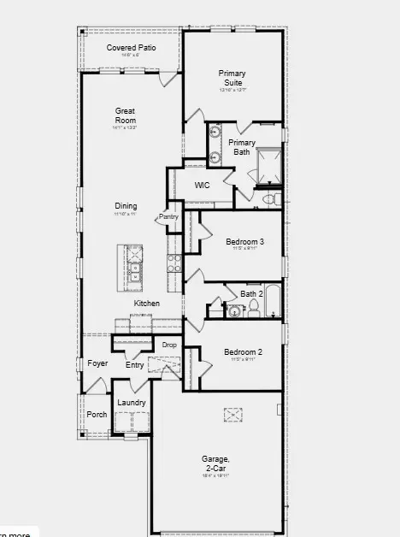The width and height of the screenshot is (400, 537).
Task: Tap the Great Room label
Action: pos(126,115)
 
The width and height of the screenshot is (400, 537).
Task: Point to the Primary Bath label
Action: pos(242,147)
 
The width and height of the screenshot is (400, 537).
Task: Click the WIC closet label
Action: pos(203,185)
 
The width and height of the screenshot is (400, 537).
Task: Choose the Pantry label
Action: pos(168,217)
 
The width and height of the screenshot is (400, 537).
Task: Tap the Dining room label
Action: pos(126,206)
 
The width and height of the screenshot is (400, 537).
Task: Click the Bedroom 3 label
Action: pos(244,242)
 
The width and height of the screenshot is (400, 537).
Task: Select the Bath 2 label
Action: pos(250,293)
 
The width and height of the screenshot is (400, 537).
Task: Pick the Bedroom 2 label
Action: pos(243,351)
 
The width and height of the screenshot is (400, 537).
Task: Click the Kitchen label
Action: pos(146,304)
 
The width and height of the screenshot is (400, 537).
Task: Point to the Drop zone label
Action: pos(168,345)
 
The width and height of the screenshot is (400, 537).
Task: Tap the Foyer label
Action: pos(97,363)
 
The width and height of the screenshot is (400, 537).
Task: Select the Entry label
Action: pos(135,365)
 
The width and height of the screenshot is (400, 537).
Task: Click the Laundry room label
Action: pos(132,402)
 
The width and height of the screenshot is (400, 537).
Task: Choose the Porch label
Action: pos(97,414)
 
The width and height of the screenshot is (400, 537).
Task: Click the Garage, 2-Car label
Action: pos(215,463)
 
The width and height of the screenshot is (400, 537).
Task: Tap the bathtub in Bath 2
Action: pos(274,301)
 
